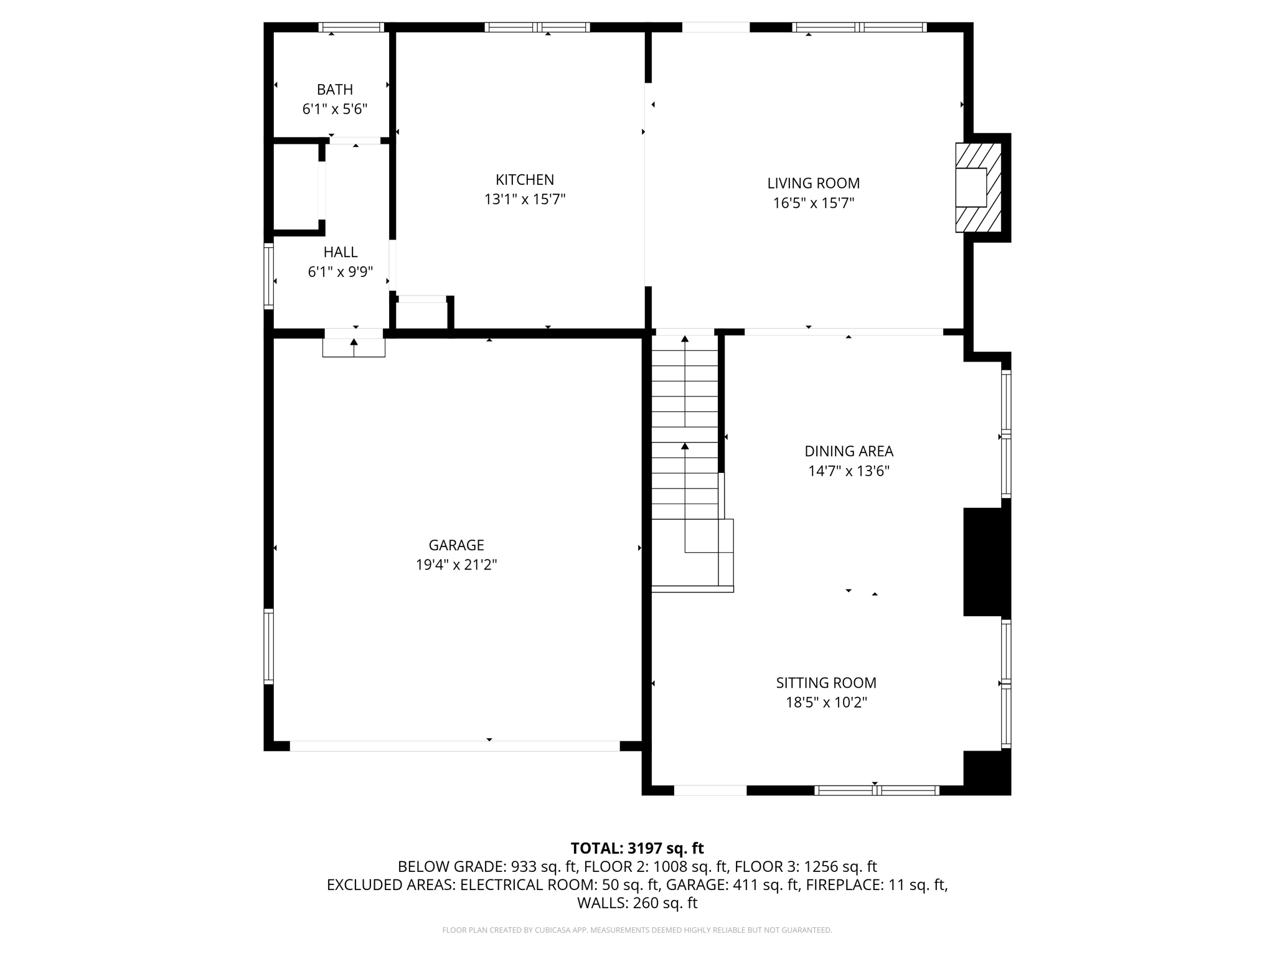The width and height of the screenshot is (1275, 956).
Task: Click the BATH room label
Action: [335, 90]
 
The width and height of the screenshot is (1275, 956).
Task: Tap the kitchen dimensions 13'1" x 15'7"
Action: [525, 200]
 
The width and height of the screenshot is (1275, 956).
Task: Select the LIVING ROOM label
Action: [813, 183]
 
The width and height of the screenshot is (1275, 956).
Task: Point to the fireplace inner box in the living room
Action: [971, 187]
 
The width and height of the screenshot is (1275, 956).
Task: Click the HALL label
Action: [341, 252]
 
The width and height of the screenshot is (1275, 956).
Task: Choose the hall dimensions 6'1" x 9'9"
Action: [341, 272]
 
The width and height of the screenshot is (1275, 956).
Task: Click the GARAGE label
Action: [456, 545]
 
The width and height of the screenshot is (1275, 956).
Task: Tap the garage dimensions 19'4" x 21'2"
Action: [456, 565]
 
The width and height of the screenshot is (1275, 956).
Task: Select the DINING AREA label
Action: [849, 451]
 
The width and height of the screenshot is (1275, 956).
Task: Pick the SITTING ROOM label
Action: [826, 683]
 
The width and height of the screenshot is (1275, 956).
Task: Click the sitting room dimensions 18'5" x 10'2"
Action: [826, 703]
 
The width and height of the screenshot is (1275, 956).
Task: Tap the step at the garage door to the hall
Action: [354, 348]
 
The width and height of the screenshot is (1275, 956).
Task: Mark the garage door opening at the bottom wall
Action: [454, 746]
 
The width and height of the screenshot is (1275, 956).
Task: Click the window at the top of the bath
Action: [351, 27]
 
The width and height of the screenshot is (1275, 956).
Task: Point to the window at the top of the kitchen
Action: [537, 27]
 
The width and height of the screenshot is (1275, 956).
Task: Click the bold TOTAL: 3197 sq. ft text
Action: [637, 848]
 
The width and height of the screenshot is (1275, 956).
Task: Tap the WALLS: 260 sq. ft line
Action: [637, 902]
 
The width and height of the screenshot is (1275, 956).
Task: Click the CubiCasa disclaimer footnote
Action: [637, 930]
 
